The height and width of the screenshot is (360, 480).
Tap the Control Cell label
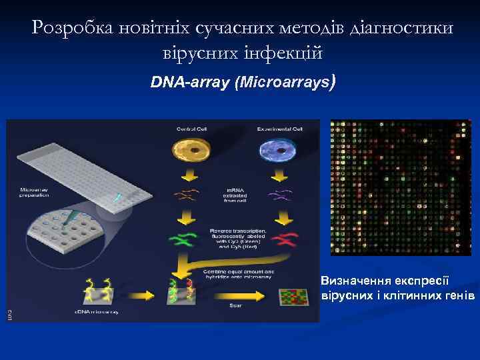(192, 128)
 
